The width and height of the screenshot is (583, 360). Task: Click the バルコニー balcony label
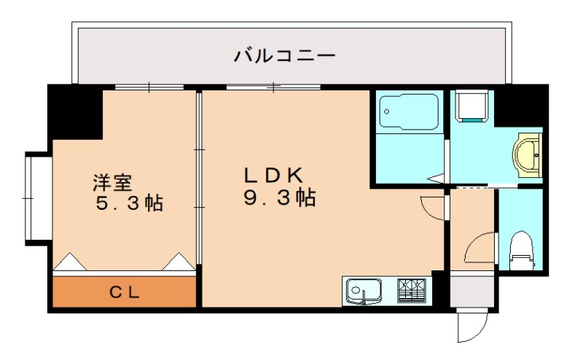click(x=284, y=55)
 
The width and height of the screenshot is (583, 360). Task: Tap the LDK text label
click(x=273, y=176)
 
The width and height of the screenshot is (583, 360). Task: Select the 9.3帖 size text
click(x=278, y=198)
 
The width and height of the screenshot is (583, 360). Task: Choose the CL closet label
click(x=125, y=293)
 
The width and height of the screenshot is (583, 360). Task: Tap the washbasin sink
click(x=528, y=154)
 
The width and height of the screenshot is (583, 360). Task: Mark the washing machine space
click(x=470, y=106)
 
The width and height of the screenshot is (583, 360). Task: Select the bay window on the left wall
click(x=36, y=197)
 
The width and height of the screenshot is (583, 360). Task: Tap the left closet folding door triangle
click(x=70, y=262)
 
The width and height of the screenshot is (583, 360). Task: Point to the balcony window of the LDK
click(x=273, y=87)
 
